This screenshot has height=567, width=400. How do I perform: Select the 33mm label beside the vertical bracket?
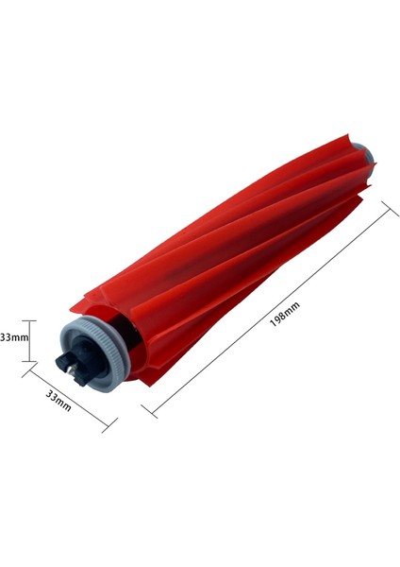tap(12, 336)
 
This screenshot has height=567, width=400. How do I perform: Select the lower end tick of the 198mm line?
tap(146, 412)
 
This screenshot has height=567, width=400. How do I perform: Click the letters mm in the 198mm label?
tap(286, 308)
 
